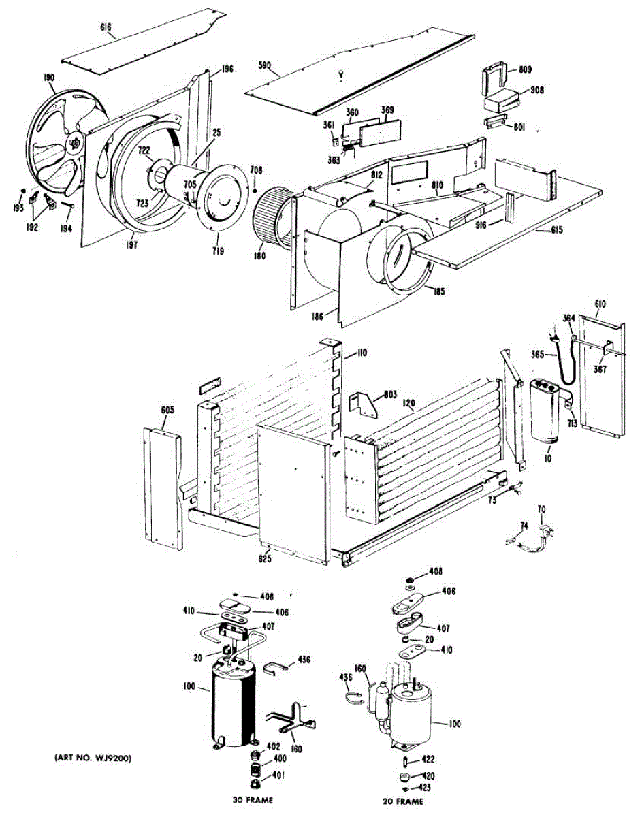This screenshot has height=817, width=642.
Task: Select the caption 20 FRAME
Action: coord(403,801)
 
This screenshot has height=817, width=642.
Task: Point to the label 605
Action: coord(167,410)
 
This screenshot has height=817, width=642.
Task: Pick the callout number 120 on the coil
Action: coord(408,403)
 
